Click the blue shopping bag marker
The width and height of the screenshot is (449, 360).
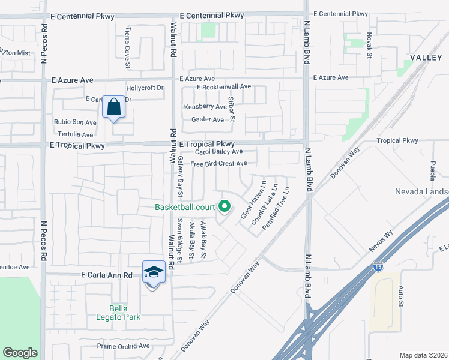[113, 107]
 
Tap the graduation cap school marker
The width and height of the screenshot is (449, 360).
[154, 272]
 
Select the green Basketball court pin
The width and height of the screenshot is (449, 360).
[225, 207]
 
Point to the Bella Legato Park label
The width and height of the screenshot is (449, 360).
[121, 312]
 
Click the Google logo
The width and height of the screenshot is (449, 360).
[20, 353]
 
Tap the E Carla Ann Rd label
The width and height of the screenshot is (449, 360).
[106, 275]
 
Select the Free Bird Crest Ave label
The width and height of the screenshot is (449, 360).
[218, 164]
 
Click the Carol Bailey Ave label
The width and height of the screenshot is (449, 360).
[218, 152]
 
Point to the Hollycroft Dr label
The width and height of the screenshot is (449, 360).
[145, 88]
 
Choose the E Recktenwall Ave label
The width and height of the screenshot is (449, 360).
[224, 87]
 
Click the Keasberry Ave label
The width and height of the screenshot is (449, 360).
[205, 107]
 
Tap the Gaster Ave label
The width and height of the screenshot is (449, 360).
[207, 119]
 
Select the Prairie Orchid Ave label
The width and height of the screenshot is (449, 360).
[123, 346]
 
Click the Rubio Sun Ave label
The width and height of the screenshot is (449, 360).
[75, 122]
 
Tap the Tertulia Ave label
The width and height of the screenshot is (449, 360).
[76, 135]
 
